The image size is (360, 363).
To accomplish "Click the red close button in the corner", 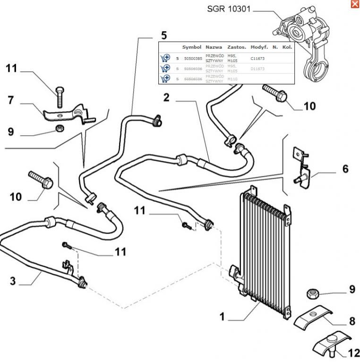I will click(354, 4).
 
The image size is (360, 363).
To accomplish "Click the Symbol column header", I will click(192, 47).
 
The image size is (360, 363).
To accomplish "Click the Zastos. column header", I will click(236, 47).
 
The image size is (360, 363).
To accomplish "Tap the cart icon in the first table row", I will click(165, 58).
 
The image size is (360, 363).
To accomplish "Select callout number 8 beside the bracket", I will click(352, 322).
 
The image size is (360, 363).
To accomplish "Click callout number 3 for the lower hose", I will click(13, 281).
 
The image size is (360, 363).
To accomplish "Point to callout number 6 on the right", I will click(345, 168).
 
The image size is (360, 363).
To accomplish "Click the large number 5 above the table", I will click(164, 35).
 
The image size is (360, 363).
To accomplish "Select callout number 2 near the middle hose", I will click(166, 98).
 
